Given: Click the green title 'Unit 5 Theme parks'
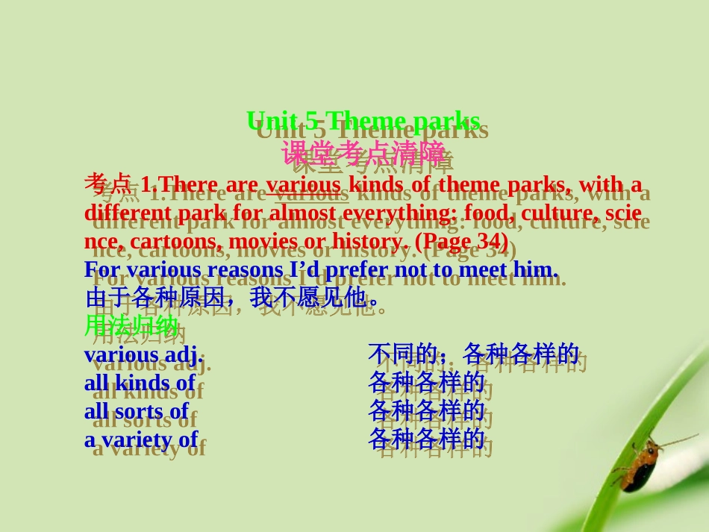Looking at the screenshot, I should [x=363, y=121].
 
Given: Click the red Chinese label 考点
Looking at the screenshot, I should [x=108, y=184].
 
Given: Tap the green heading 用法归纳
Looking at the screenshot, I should [x=131, y=326].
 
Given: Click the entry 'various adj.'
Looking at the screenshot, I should [x=143, y=354].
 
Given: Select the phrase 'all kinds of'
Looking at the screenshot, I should [x=140, y=383].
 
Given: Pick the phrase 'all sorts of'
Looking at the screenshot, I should [x=137, y=411].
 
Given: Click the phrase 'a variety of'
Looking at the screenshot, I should [x=141, y=439].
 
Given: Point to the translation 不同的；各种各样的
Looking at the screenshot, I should [x=473, y=354].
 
